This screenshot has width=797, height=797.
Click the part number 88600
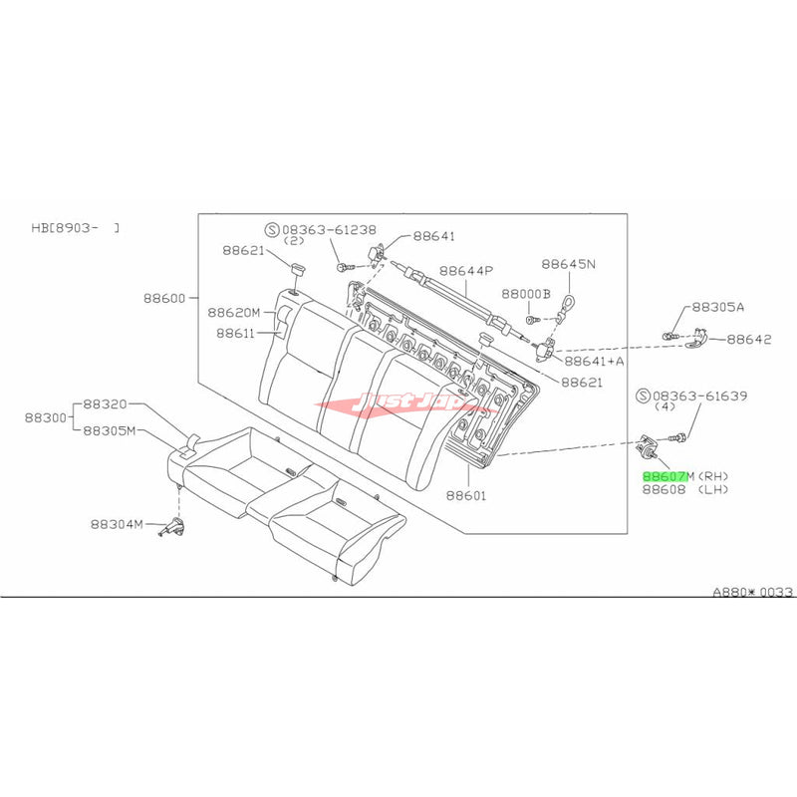[x=165, y=298]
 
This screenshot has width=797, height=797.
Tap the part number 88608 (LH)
[x=685, y=490]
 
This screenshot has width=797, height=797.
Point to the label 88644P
[x=467, y=270]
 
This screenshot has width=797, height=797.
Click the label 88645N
[x=568, y=265]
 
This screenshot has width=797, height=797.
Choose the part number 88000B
[x=526, y=295]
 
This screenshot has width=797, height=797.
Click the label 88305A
[x=717, y=308]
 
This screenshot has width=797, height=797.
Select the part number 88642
[x=748, y=339]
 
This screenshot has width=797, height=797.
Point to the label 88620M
[x=233, y=312]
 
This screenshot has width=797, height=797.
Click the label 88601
[x=466, y=494]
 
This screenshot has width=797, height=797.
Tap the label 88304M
[x=117, y=523]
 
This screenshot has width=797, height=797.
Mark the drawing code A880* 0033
[x=751, y=592]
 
